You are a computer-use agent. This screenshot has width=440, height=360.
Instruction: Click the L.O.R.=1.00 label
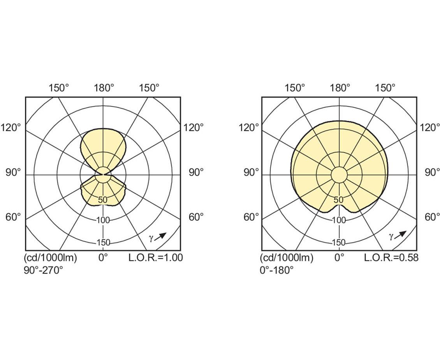click(156, 257)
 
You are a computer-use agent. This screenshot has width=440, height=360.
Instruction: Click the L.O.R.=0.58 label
click(391, 257)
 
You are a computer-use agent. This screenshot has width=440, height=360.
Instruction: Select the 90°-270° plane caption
click(44, 270)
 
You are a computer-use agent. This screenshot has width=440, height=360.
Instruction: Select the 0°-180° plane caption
click(277, 270)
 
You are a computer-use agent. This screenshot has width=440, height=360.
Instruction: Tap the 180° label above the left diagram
click(104, 88)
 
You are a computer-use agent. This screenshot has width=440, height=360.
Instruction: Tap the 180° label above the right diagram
click(340, 88)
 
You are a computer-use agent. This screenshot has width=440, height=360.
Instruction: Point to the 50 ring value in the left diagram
click(103, 200)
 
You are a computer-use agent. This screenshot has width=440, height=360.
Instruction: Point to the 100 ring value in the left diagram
click(103, 220)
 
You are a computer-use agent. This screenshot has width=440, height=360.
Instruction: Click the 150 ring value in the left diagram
click(103, 242)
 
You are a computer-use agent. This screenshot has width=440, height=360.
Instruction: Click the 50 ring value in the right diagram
click(339, 200)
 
